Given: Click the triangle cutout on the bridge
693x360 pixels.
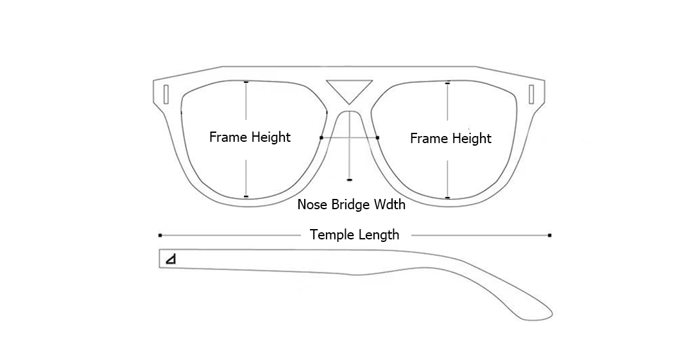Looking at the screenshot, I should [349, 89].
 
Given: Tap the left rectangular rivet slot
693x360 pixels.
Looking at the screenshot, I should [166, 94].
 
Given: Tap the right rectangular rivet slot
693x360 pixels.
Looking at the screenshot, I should [531, 94].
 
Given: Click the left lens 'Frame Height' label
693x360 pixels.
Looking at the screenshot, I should [250, 137].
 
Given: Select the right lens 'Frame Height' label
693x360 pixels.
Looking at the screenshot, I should [450, 138].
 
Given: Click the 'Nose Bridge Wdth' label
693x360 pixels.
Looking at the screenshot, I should [351, 205].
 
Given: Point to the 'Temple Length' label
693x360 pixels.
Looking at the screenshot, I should [354, 235].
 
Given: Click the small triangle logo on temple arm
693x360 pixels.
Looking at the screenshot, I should [171, 259].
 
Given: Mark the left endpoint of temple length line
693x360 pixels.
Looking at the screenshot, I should [160, 236].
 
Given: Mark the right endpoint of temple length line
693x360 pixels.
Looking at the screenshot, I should [550, 236].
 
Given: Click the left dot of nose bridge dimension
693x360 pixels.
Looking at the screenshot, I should [321, 137].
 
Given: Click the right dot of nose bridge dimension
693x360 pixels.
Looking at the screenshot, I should [377, 137].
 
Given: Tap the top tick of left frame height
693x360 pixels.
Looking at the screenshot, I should [246, 82].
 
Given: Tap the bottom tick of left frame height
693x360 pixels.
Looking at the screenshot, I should [246, 196].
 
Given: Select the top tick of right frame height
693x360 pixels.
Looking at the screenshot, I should [447, 83].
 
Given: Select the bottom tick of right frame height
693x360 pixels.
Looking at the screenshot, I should [447, 198].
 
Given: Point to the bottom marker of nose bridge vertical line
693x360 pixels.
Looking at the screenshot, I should [349, 180].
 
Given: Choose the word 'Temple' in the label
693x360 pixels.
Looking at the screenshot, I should [330, 235].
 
